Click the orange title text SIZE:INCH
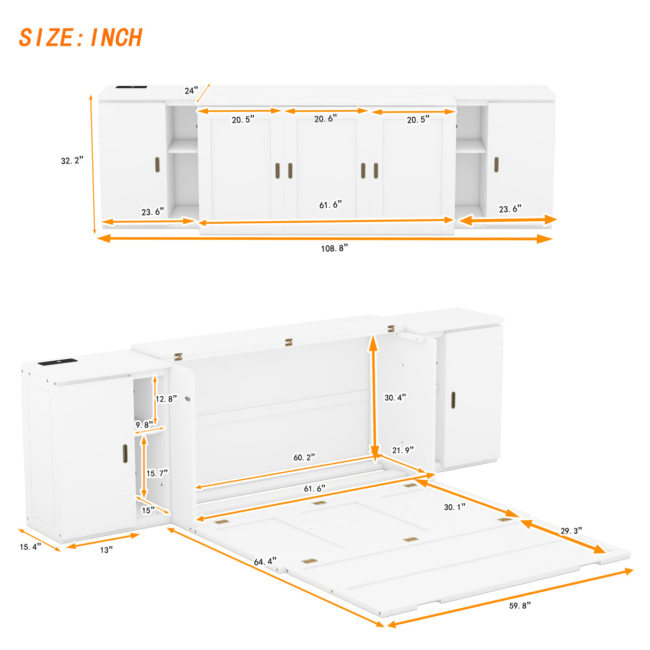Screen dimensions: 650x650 [80, 37]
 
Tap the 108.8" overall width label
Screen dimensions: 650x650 [334, 248]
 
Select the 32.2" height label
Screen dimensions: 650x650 [72, 160]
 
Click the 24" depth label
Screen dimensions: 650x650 [191, 90]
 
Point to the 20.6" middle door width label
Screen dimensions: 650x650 [326, 119]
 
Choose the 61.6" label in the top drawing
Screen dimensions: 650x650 [330, 205]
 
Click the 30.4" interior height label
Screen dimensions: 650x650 [395, 397]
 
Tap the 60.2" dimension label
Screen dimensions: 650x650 [304, 457]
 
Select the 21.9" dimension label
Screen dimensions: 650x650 [403, 450]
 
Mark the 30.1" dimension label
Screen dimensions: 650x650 [455, 507]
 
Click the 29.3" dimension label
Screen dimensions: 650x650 [571, 531]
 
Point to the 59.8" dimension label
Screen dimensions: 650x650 [519, 605]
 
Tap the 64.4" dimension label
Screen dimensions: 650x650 [265, 562]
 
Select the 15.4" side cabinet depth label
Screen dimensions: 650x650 [30, 547]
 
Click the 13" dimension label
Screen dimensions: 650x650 [106, 550]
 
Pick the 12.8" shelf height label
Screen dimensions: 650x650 [165, 399]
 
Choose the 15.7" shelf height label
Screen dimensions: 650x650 [157, 473]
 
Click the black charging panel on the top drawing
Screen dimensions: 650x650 [131, 87]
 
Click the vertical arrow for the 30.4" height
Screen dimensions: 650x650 [373, 396]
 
